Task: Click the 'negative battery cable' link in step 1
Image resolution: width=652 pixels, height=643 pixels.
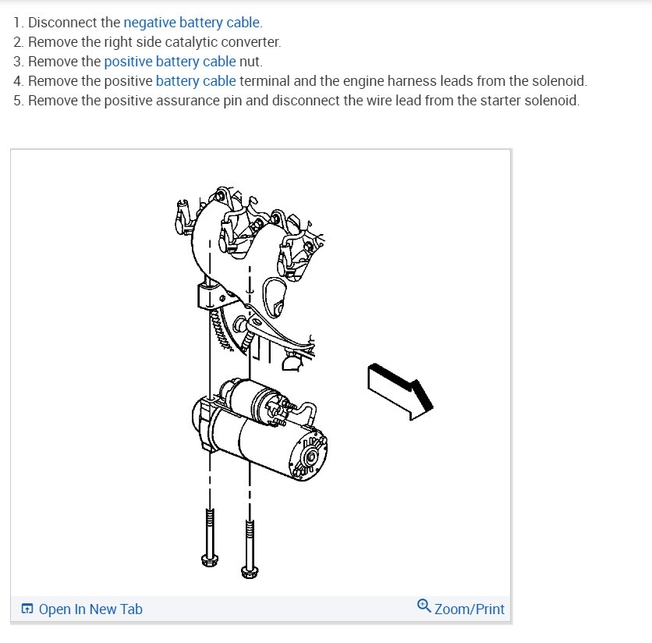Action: click(192, 22)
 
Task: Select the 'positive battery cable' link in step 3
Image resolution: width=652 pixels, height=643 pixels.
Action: click(169, 61)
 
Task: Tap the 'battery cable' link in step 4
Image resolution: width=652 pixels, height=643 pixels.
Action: click(196, 80)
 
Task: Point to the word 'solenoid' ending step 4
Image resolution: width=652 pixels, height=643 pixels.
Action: click(559, 80)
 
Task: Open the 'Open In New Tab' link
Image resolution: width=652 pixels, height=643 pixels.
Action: click(90, 609)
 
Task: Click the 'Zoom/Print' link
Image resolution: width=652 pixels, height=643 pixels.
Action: click(469, 609)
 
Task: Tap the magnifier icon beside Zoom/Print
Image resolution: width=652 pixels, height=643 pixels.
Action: click(423, 606)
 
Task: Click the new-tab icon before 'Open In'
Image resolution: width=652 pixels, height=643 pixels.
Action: click(27, 609)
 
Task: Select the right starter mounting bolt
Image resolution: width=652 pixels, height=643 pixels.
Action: click(250, 546)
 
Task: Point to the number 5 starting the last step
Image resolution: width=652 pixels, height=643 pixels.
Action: click(17, 101)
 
